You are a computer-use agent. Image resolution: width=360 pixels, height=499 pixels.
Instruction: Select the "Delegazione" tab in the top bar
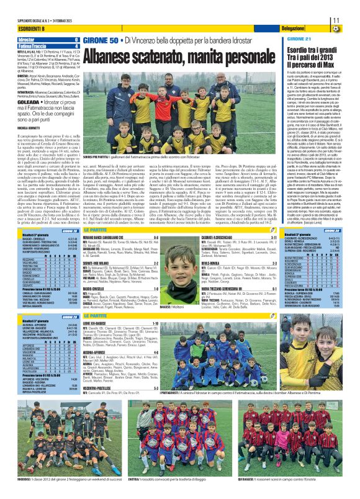(292, 29)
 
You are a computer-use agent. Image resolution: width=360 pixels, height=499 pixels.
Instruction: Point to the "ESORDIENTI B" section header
(19, 29)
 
